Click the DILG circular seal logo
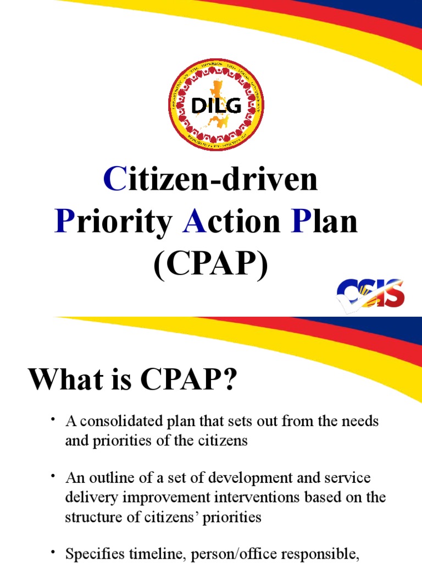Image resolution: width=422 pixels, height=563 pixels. (x=216, y=104)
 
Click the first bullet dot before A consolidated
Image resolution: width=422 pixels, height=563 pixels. (x=53, y=421)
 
